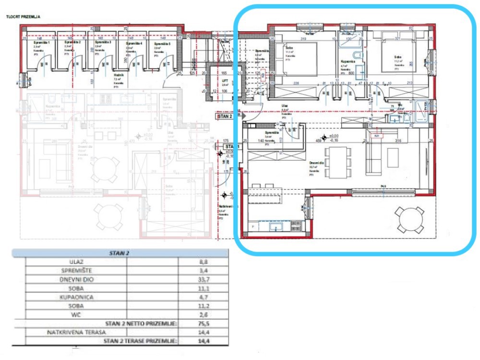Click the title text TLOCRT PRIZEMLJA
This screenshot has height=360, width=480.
coord(23,17)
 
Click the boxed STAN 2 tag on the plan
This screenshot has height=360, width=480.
coord(225,116)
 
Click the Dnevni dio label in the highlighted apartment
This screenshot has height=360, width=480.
coord(317,163)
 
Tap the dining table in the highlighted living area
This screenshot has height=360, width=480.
coord(335,162)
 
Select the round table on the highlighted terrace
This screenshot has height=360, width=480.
coord(409,219)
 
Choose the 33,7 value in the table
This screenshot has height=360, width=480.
coord(204,280)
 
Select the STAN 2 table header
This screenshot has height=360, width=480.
coord(120,252)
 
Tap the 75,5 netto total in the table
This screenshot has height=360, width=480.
coord(204,323)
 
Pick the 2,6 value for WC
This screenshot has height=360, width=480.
coord(204,314)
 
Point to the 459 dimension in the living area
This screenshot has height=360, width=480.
coord(318,141)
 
